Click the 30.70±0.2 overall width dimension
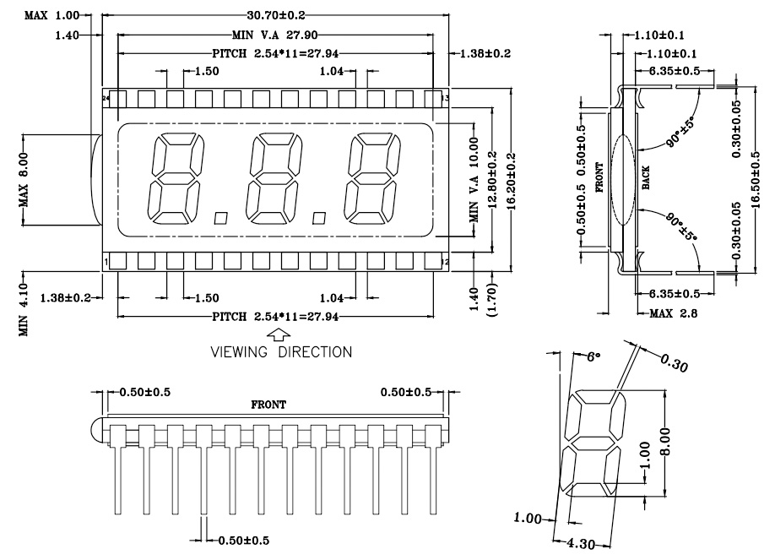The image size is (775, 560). point(276,15)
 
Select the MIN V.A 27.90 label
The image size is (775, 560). point(275,35)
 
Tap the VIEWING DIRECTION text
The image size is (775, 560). point(281,352)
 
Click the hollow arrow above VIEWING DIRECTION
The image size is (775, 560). point(279,334)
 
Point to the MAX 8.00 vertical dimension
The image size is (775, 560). point(24,180)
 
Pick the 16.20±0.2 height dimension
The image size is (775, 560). point(511,181)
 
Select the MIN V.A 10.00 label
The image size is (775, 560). point(474,180)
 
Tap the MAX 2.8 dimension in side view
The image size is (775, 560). point(673,313)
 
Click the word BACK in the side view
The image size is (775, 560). point(646,178)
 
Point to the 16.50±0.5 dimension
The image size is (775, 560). point(756,180)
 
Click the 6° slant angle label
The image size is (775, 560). point(593,356)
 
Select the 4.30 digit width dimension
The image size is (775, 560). point(581,544)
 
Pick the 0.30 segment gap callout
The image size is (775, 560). point(675,363)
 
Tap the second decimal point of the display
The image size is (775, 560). point(319,218)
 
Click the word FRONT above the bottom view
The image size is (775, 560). point(268,405)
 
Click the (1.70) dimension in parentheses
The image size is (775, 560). point(492,300)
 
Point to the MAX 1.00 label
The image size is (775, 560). point(51,15)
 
